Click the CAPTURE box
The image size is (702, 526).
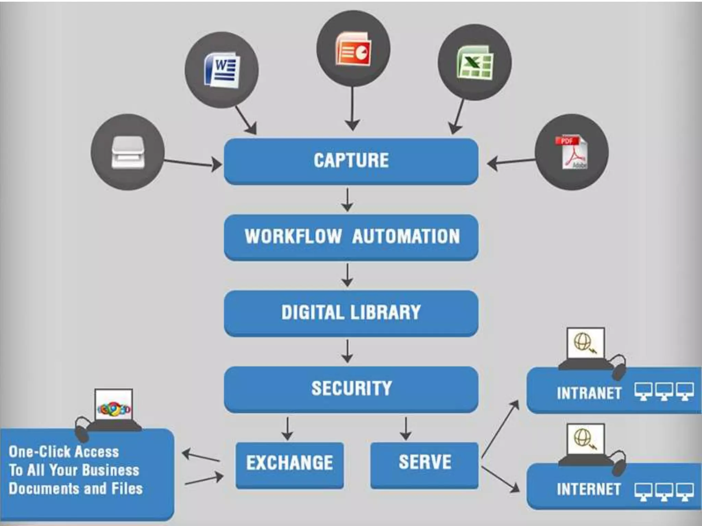click(x=351, y=161)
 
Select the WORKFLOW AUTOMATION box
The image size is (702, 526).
click(x=351, y=237)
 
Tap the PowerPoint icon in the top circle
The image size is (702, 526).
click(x=353, y=49)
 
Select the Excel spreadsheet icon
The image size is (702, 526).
click(x=475, y=63)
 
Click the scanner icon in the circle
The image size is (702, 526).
click(x=128, y=153)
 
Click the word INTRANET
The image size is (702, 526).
click(x=589, y=393)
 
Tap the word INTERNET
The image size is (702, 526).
click(x=589, y=489)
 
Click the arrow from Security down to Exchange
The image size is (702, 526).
click(x=287, y=428)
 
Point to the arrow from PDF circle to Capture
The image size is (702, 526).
click(x=511, y=162)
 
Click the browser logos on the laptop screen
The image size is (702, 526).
click(x=114, y=409)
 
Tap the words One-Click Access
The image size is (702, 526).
click(x=64, y=452)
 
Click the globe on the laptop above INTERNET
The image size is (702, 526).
click(x=583, y=438)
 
